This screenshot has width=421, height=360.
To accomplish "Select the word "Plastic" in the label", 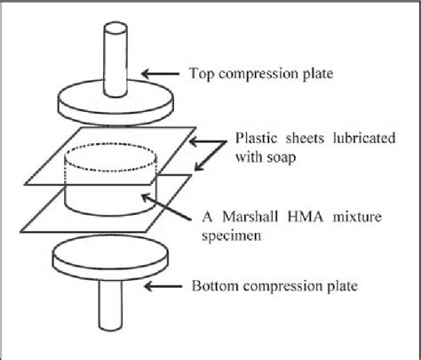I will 255,139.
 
